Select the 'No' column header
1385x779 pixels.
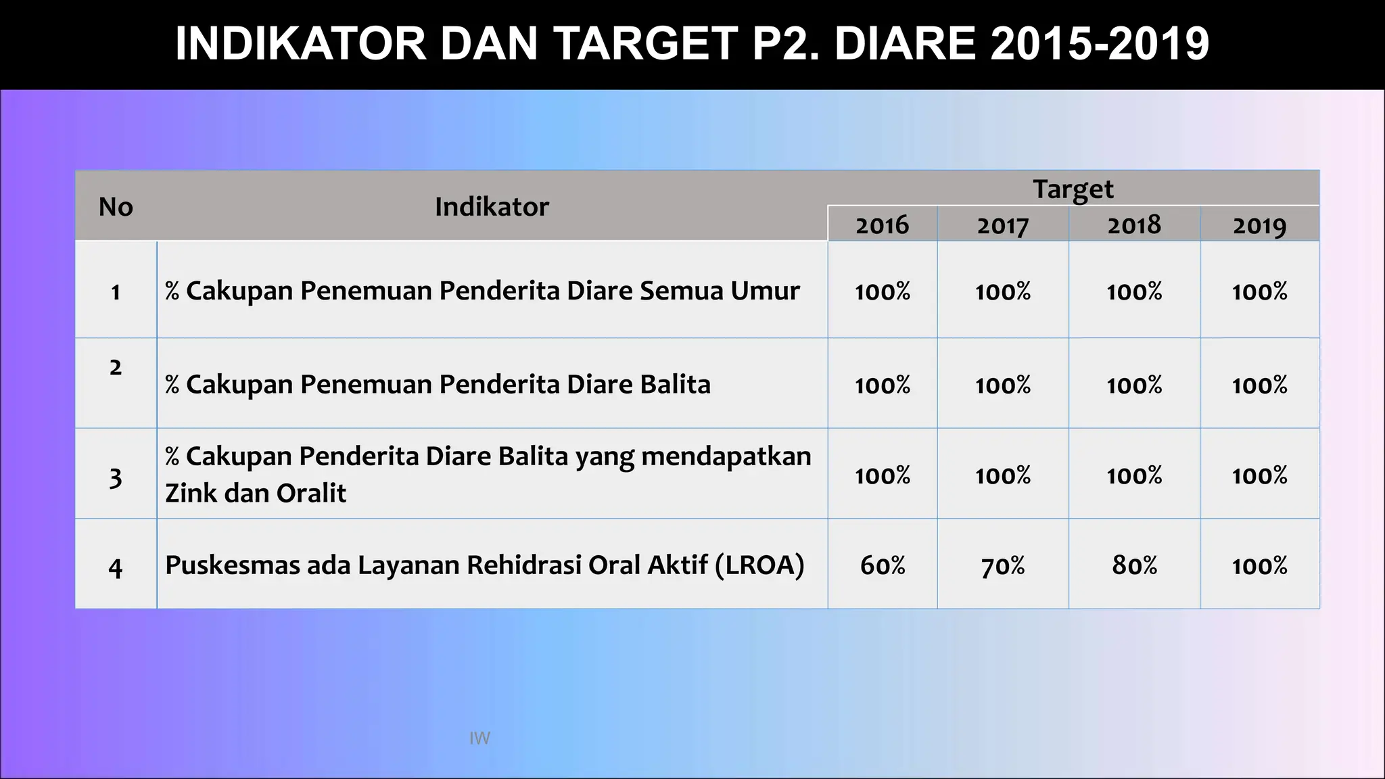(116, 207)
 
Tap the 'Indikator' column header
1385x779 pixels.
(492, 207)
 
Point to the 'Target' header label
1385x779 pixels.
(1073, 189)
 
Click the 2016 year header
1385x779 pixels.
(882, 225)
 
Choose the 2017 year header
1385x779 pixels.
(1002, 225)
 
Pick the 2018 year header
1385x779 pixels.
(1134, 225)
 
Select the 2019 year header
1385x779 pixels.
(1259, 225)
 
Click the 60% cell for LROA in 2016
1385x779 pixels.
(882, 565)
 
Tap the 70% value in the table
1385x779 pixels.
(1002, 565)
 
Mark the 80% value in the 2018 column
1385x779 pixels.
(1134, 565)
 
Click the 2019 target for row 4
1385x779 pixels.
(1259, 565)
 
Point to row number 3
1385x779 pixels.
(116, 478)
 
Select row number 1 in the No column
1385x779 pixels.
(116, 292)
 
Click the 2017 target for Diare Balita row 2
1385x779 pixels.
(1002, 385)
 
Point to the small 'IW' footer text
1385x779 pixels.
(479, 738)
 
